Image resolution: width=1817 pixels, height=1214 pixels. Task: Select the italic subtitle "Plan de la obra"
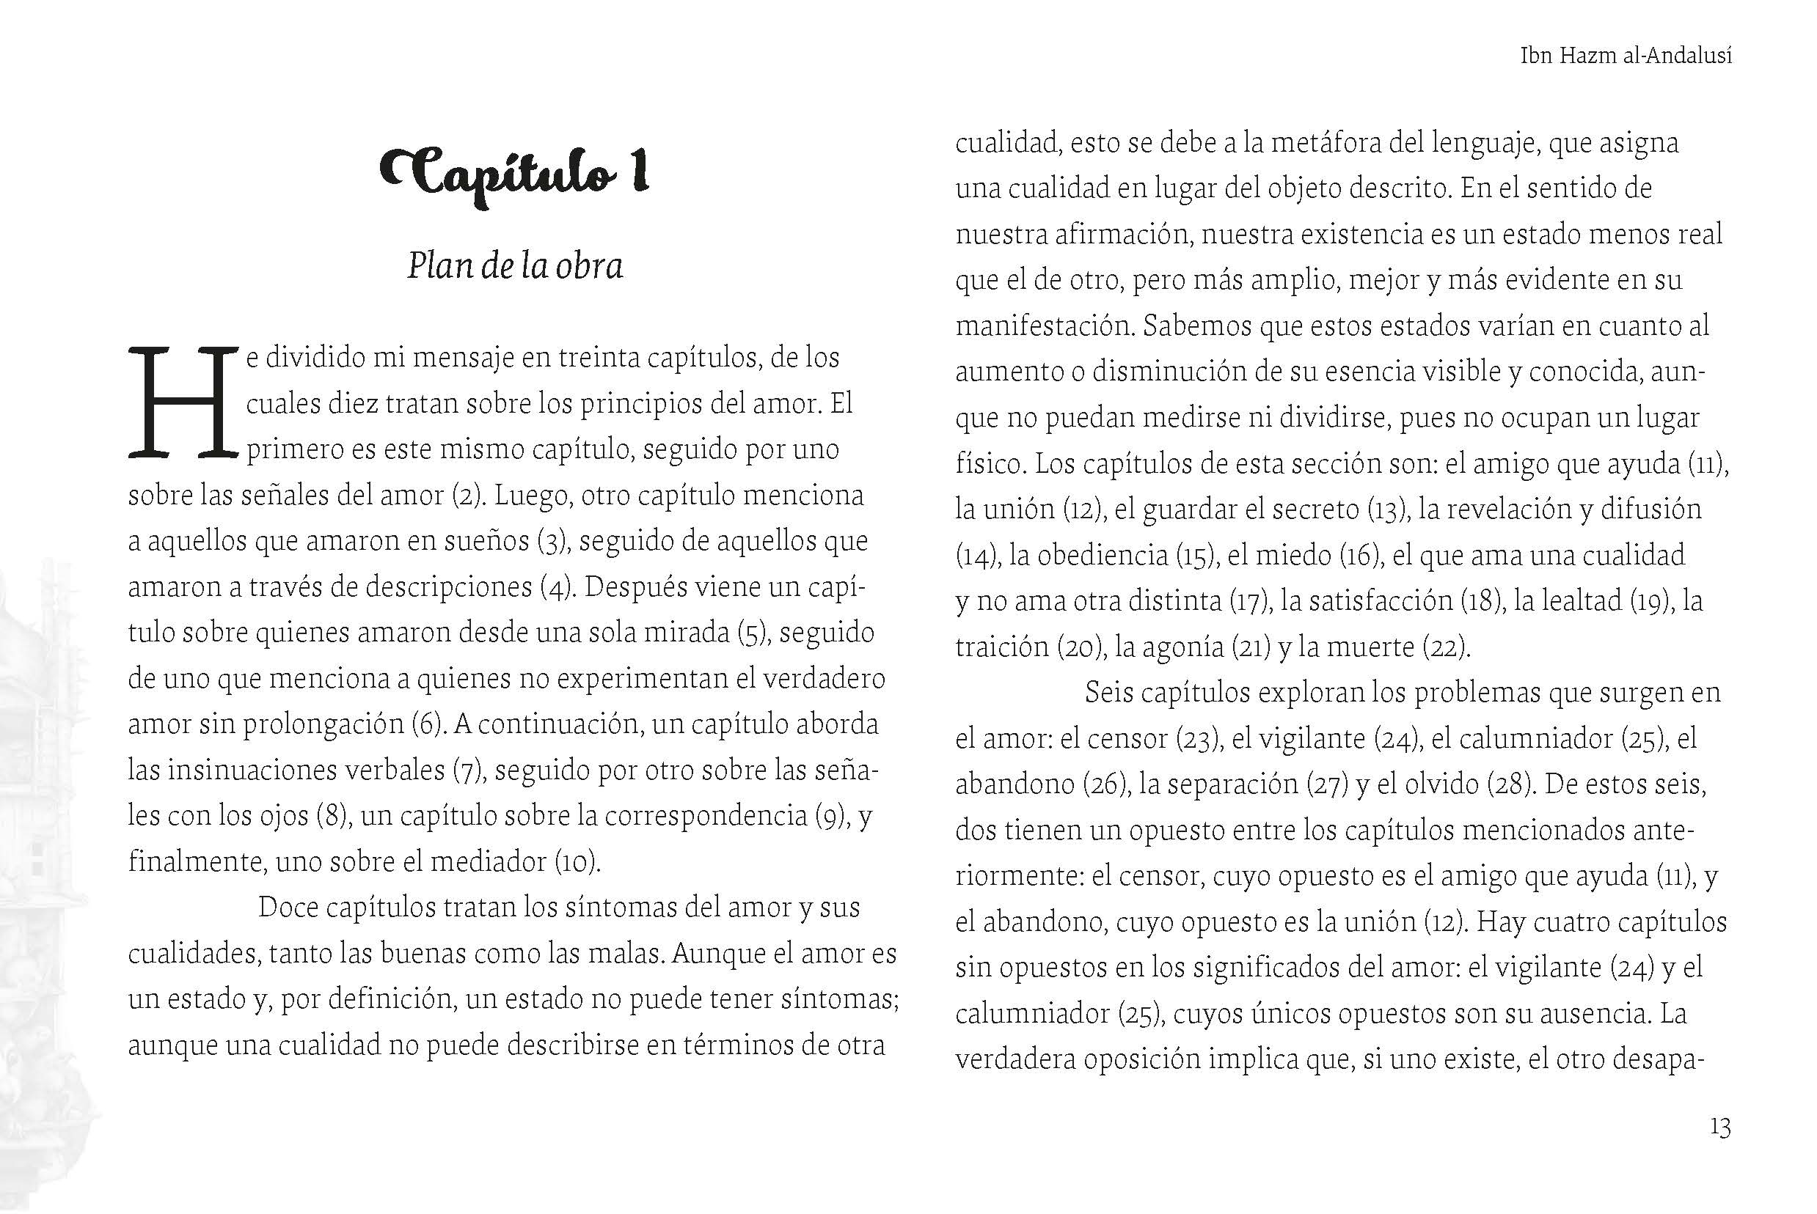point(515,266)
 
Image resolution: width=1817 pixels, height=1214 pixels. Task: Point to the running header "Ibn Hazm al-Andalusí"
point(1626,56)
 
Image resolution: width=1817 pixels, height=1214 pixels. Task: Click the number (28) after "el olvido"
point(1510,785)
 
